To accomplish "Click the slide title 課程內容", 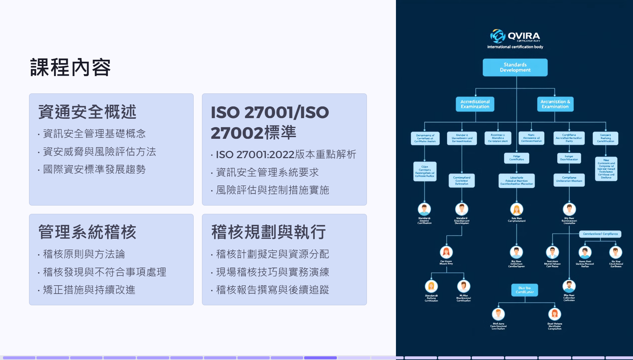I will pyautogui.click(x=70, y=67).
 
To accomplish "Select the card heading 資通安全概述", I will pyautogui.click(x=87, y=112).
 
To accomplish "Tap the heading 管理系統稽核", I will pyautogui.click(x=87, y=232).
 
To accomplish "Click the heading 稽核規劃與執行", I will pyautogui.click(x=268, y=232).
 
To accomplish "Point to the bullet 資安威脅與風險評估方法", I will pyautogui.click(x=99, y=152).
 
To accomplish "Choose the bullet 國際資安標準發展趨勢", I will pyautogui.click(x=94, y=169).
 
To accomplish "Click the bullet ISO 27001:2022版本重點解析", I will pyautogui.click(x=286, y=154).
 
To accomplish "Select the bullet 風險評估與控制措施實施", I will pyautogui.click(x=272, y=190).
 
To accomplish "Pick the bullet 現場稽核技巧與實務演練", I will pyautogui.click(x=272, y=272).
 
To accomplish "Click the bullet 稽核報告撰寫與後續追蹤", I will pyautogui.click(x=272, y=290).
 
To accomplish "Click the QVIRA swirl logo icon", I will pyautogui.click(x=497, y=36).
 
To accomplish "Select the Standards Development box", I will pyautogui.click(x=515, y=67).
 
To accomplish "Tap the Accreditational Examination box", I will pyautogui.click(x=475, y=104).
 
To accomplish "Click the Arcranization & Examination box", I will pyautogui.click(x=555, y=104).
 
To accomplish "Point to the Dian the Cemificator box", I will pyautogui.click(x=524, y=290).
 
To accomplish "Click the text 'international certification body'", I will pyautogui.click(x=515, y=47).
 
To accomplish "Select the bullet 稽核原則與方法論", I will pyautogui.click(x=84, y=254).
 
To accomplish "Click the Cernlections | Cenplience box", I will pyautogui.click(x=600, y=234).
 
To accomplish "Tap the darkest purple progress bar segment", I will pyautogui.click(x=320, y=358).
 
